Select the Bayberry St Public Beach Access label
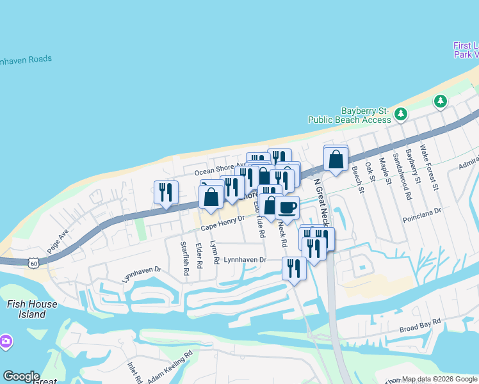[349, 115]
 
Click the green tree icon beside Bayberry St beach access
[401, 114]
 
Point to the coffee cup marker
[288, 207]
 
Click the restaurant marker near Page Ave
[166, 191]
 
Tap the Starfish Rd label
[184, 258]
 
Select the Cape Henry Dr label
[222, 223]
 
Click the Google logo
[21, 376]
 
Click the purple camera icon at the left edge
[5, 341]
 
